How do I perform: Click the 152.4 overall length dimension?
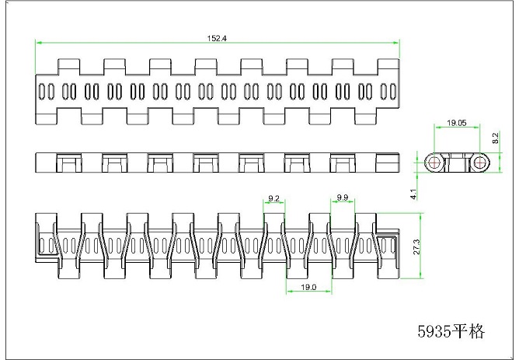217,38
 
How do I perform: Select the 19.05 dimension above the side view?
456,123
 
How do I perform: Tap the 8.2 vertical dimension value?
495,138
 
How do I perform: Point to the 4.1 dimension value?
413,194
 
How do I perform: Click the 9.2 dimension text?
273,198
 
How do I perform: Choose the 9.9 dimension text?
343,197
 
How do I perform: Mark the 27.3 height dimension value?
416,246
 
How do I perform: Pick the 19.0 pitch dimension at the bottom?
308,287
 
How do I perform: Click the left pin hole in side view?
434,163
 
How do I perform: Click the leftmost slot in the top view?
42,92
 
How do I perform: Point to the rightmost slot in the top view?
392,92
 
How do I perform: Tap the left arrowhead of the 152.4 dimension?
38,43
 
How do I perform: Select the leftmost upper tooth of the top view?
69,67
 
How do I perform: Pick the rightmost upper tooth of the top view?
388,67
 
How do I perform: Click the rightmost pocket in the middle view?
387,163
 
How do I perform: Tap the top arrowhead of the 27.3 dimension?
420,216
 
